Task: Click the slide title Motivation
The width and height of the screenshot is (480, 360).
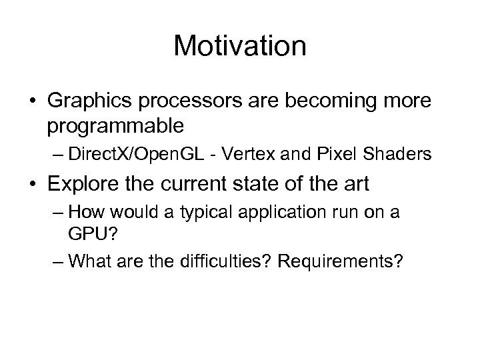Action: (239, 47)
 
